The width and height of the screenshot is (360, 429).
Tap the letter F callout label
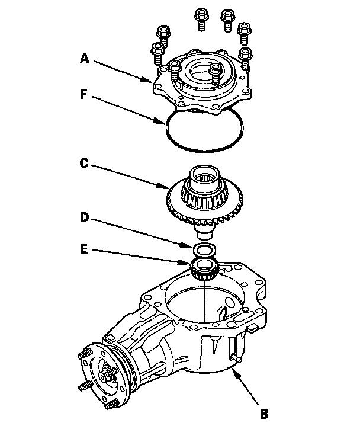coord(85,93)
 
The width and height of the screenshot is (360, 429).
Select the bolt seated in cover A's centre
coord(216,74)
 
